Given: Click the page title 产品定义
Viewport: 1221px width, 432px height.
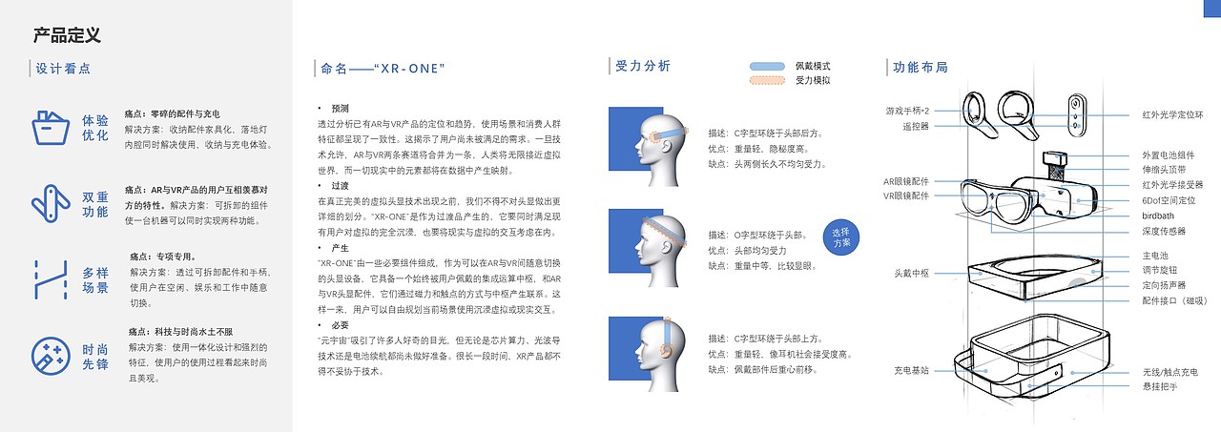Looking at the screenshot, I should pos(67,35).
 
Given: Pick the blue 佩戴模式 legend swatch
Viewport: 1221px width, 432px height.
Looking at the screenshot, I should pos(767,66).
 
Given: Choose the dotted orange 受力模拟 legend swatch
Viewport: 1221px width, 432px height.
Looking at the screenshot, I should pos(767,80).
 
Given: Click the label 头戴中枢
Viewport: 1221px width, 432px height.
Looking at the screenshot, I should pos(911,273).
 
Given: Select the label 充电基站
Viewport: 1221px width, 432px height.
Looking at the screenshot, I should pos(911,370).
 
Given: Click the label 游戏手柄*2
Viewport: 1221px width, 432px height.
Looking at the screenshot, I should pos(906,111).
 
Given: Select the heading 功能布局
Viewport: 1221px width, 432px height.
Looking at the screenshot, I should pos(921,67).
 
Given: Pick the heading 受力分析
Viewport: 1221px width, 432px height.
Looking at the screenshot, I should pos(643,66).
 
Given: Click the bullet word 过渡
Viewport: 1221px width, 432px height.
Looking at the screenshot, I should pos(341,185).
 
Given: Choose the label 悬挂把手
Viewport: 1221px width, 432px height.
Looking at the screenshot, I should pos(1160,386).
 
